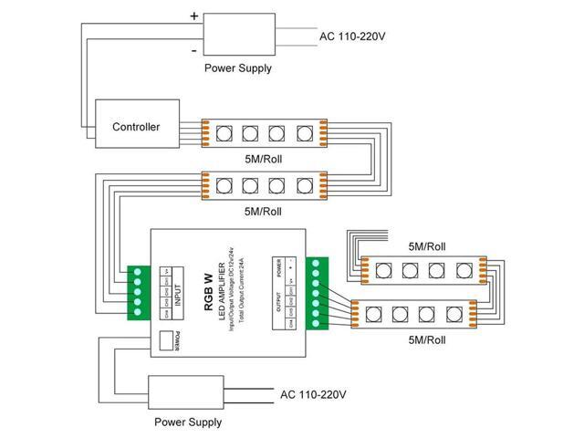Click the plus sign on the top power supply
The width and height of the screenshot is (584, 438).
[x=193, y=16]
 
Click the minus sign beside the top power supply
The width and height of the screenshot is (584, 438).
[x=194, y=52]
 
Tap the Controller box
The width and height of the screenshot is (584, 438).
[x=136, y=127]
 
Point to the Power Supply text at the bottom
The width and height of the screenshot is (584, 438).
[x=187, y=422]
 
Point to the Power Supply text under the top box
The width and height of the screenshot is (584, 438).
[x=237, y=68]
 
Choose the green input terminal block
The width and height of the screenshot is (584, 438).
[x=139, y=291]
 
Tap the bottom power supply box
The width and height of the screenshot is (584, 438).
[x=187, y=394]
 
